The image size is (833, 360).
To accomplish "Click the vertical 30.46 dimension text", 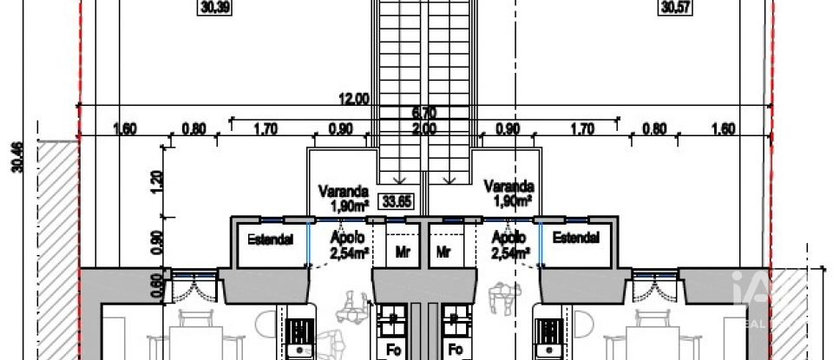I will click(x=18, y=157).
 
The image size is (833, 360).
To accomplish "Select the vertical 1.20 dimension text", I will click(x=156, y=180).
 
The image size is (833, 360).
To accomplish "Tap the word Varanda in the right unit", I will click(x=508, y=186).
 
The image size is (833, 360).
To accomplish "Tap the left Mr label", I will click(x=401, y=252).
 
